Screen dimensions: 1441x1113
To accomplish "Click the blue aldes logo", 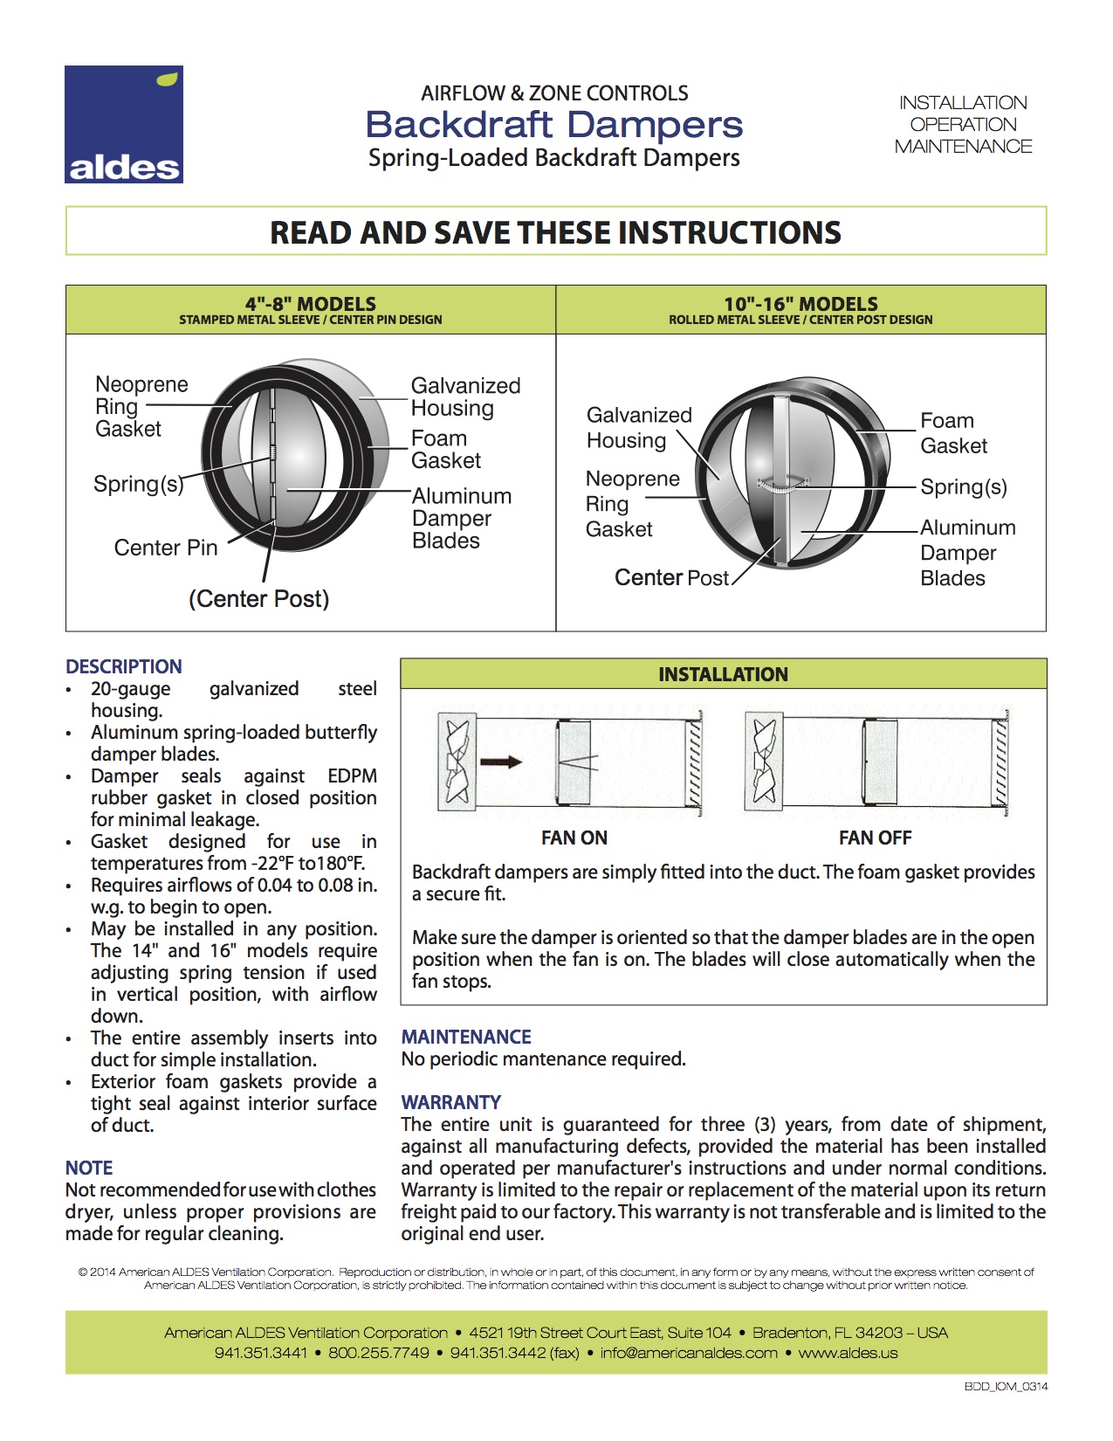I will [124, 124].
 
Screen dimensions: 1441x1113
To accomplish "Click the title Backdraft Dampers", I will [554, 125].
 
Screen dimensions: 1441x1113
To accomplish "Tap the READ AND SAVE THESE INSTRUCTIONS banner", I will [555, 232].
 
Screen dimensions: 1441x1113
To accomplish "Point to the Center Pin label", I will [166, 548].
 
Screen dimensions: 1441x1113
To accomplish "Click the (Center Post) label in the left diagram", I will [258, 599].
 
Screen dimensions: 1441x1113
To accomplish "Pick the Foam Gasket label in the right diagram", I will [953, 433].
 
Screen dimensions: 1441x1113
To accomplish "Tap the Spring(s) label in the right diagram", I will [964, 486].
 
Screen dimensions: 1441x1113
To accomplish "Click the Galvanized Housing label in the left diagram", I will [465, 397].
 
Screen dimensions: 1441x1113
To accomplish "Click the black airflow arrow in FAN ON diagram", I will [500, 762].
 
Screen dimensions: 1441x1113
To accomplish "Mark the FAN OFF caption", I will [875, 838].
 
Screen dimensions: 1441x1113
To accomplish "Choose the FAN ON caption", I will [574, 838].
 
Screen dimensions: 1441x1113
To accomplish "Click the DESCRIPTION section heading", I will [124, 666].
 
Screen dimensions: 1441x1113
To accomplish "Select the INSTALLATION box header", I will [723, 674].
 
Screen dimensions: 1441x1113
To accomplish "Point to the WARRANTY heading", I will [451, 1102].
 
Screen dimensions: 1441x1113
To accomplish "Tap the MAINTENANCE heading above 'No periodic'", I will [466, 1037].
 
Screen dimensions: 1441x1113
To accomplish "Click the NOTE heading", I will [89, 1168].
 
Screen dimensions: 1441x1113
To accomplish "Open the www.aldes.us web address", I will [848, 1353].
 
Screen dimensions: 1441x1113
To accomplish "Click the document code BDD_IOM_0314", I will [1006, 1386].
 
